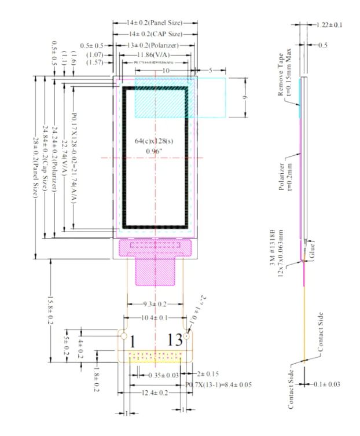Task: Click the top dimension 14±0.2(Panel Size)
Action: (x=155, y=23)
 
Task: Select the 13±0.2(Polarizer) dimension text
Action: (x=155, y=45)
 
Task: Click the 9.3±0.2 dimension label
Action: (x=154, y=304)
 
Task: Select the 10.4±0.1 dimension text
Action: (x=154, y=318)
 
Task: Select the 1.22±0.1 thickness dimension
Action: (x=329, y=25)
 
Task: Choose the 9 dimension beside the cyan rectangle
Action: (x=245, y=98)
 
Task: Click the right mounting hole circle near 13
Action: (x=188, y=336)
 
